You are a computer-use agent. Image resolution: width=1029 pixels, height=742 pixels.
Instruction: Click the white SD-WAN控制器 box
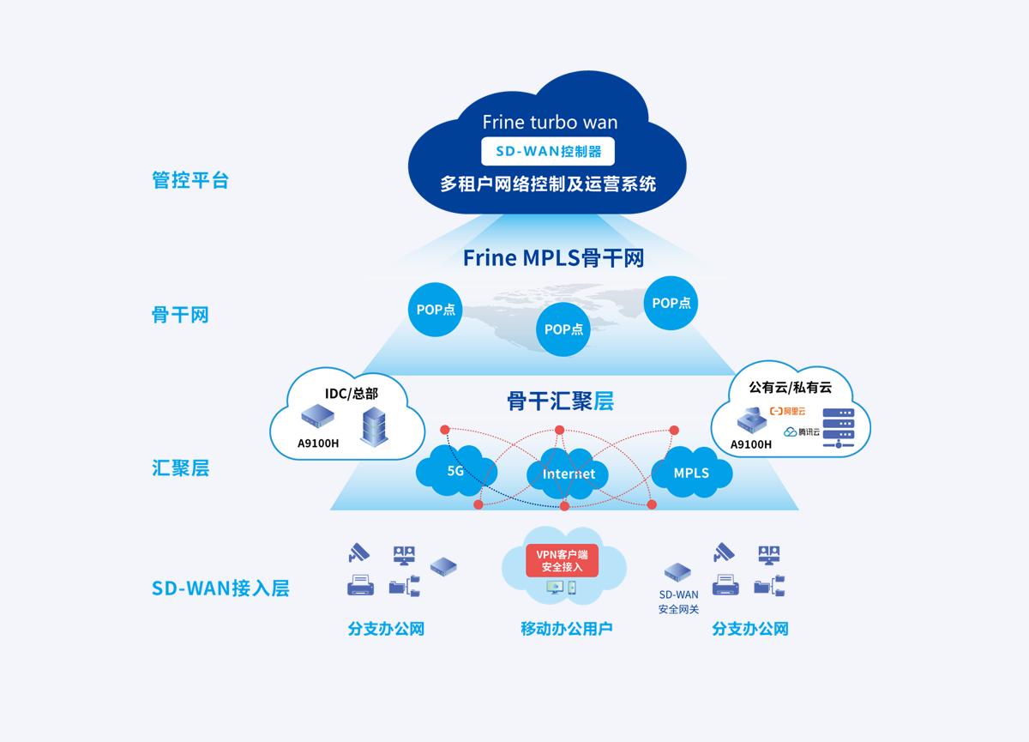[548, 151]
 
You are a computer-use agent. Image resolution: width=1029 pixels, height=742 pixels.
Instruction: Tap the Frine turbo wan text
[550, 122]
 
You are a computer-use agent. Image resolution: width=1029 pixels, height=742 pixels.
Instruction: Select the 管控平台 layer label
[190, 179]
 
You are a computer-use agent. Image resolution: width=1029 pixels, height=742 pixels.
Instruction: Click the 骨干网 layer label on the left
[180, 315]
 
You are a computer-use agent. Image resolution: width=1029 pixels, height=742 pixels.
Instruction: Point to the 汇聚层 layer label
[180, 468]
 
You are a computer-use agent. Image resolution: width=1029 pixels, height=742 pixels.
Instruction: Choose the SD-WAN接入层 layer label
[220, 588]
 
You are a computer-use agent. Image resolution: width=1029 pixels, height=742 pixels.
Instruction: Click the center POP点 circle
[563, 329]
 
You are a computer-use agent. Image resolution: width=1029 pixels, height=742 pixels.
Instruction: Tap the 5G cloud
[456, 471]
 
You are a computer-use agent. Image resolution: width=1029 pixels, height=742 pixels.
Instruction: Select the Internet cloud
[568, 474]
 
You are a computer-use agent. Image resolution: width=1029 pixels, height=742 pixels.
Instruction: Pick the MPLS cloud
[692, 473]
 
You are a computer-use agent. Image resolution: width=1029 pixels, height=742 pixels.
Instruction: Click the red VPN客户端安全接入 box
[562, 560]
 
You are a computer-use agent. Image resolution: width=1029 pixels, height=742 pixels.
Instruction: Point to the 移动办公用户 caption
[567, 629]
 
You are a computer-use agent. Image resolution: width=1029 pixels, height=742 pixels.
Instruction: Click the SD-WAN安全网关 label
[678, 602]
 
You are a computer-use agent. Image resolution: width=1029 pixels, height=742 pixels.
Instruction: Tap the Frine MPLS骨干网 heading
[554, 257]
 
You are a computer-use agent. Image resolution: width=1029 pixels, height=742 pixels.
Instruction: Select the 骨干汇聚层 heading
[561, 401]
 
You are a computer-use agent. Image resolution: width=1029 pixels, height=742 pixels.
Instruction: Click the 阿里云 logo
[787, 411]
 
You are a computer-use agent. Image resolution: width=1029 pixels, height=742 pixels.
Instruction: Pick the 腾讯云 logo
[802, 431]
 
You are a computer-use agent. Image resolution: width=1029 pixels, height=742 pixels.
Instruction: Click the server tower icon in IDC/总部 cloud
[374, 427]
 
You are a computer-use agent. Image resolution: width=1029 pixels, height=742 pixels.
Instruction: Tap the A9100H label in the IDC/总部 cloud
[318, 443]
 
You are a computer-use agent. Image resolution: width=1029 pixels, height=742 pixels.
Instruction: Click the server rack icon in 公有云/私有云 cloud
[839, 428]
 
